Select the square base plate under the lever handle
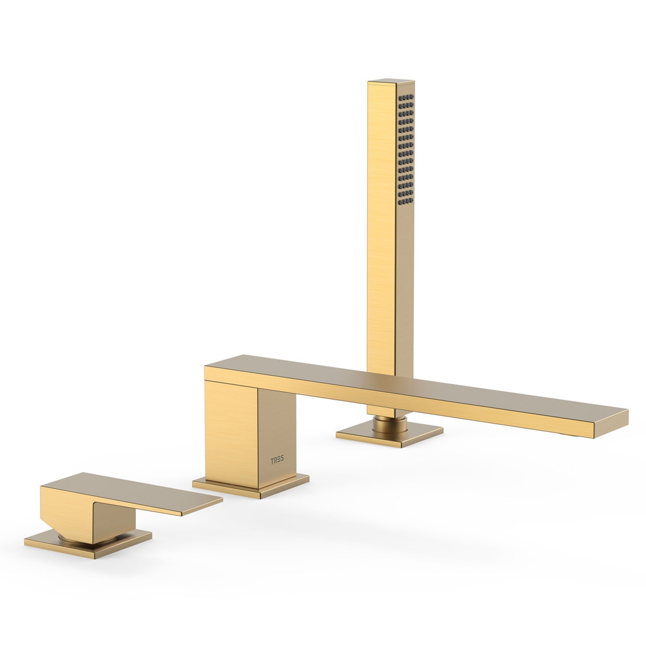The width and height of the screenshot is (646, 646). click(x=86, y=544)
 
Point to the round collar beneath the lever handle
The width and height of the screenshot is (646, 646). click(x=81, y=535)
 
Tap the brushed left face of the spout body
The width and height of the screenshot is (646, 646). click(x=231, y=431)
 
